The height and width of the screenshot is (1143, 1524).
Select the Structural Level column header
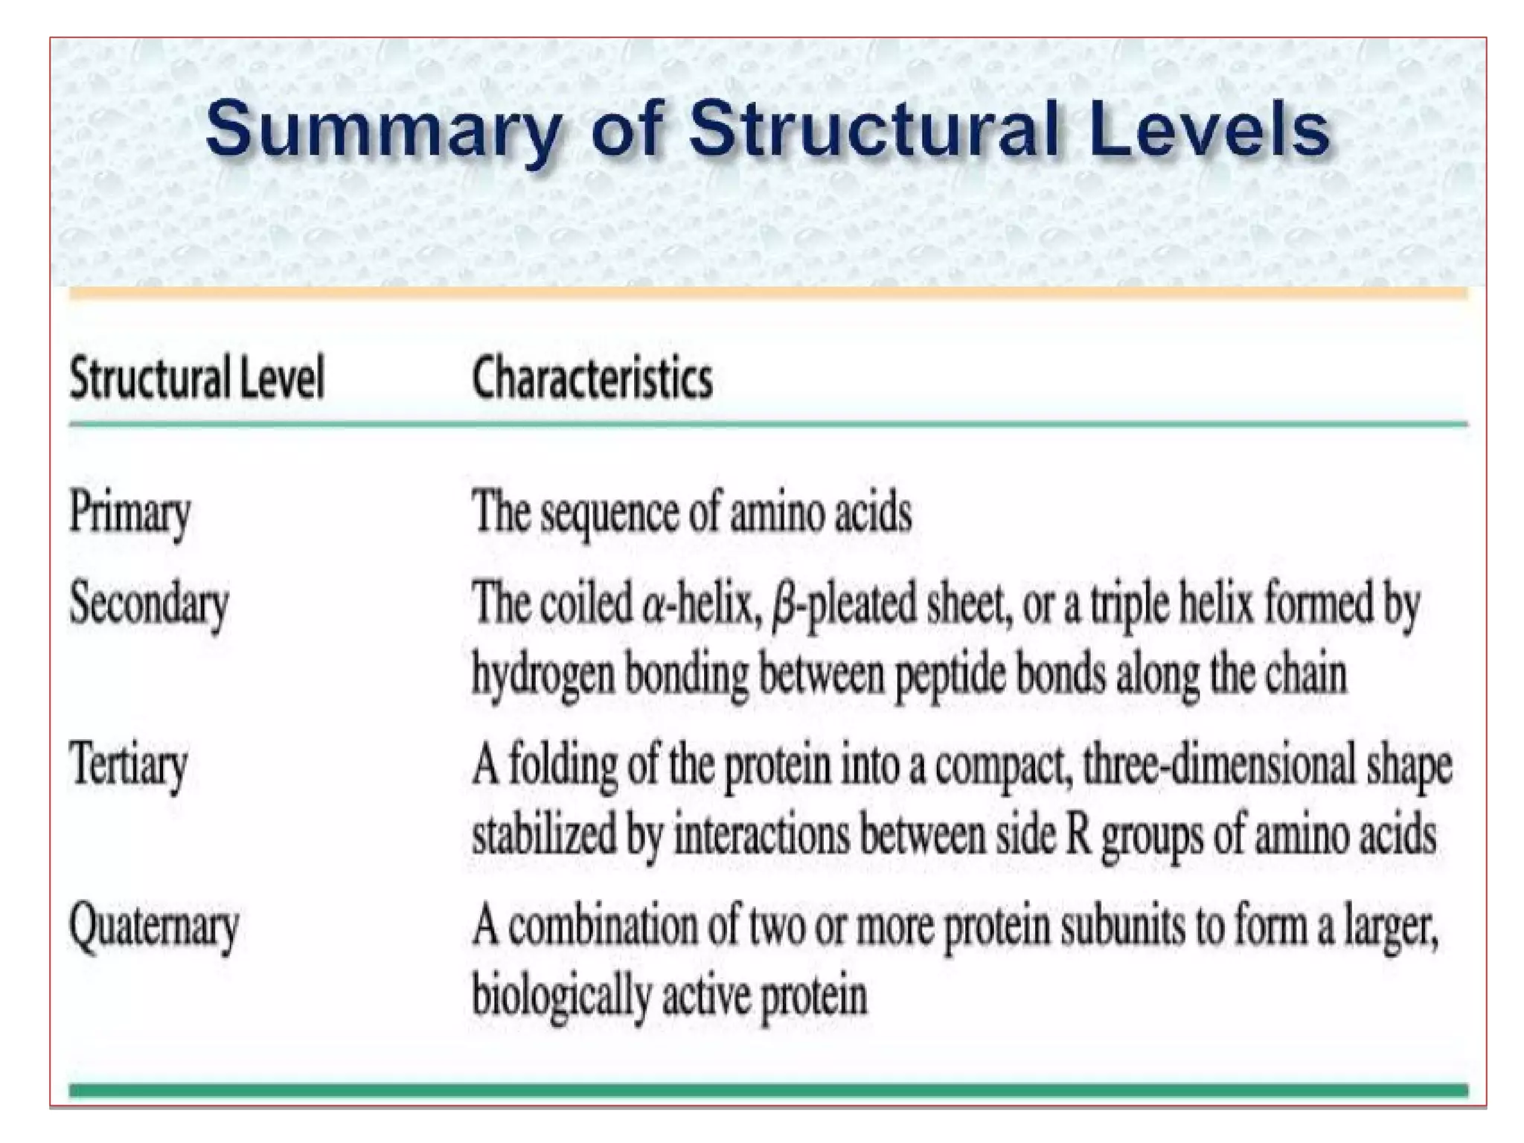pyautogui.click(x=197, y=379)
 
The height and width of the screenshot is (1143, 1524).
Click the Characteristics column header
pyautogui.click(x=592, y=379)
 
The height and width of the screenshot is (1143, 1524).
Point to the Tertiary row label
pyautogui.click(x=128, y=766)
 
